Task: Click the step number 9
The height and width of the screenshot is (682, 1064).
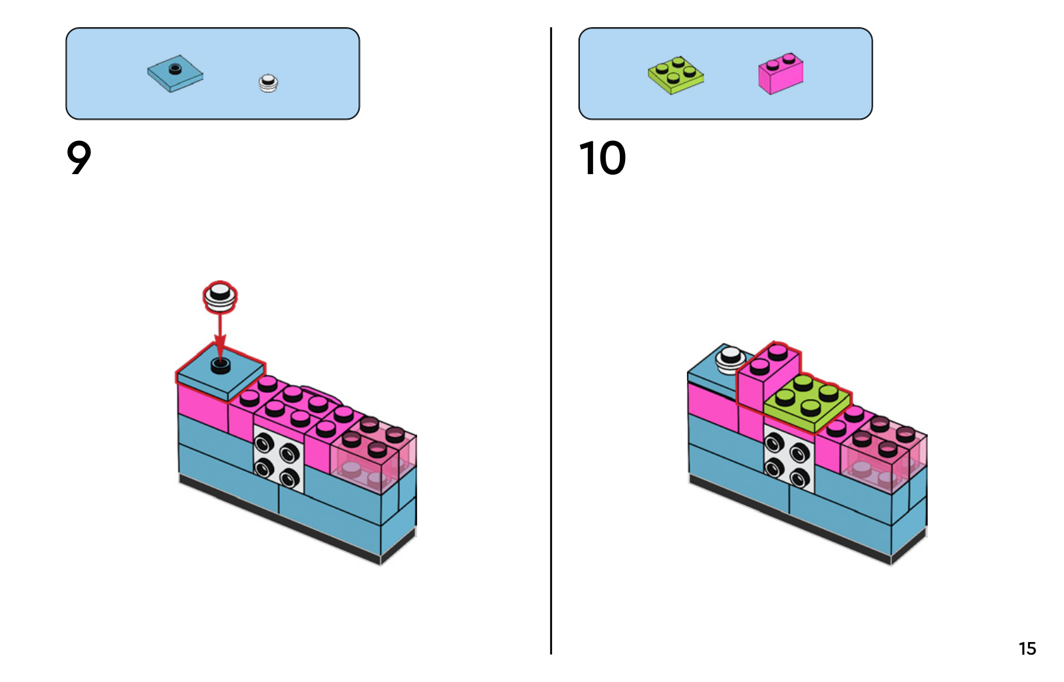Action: coord(78,158)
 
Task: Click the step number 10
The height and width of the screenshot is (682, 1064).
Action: coord(602,158)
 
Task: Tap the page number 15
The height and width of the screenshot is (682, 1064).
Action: coord(1027,649)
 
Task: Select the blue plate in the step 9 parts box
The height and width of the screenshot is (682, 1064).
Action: coord(175,74)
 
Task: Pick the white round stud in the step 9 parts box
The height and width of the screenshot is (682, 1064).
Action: coord(268,83)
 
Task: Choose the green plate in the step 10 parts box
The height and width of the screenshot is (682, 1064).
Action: coord(676,74)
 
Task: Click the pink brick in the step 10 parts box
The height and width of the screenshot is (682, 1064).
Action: coord(781,73)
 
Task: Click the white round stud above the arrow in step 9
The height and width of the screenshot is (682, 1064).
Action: coord(220,296)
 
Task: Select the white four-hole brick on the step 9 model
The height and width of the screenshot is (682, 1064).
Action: coord(278,459)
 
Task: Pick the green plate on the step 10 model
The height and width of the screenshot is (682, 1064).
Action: coord(807,399)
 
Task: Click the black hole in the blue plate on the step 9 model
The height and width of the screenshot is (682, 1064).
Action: coord(220,365)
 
